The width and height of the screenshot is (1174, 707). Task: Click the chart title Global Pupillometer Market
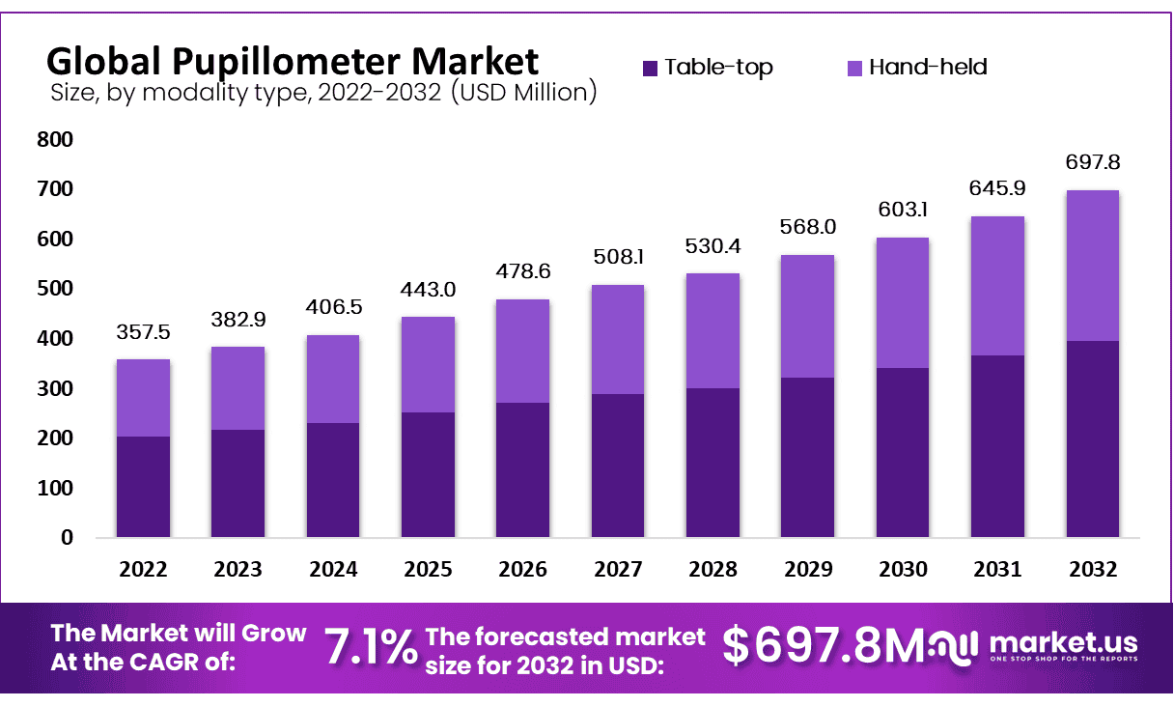point(293,62)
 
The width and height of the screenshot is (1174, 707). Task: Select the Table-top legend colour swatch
point(650,68)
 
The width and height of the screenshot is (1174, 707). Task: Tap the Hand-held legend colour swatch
point(854,68)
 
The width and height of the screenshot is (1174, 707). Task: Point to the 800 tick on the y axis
point(54,140)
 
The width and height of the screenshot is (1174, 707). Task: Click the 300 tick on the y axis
point(54,388)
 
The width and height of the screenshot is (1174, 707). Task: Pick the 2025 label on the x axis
point(428,570)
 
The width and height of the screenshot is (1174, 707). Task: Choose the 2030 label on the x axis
point(903,570)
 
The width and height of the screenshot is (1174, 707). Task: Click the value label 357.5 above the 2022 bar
point(143,332)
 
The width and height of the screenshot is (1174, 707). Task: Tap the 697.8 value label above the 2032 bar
point(1093,162)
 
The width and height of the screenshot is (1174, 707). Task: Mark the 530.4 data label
point(713,245)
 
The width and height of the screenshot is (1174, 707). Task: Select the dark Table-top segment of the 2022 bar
point(143,487)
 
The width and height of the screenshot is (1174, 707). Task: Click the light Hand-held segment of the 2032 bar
point(1093,266)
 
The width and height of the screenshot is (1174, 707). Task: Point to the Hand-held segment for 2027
point(618,339)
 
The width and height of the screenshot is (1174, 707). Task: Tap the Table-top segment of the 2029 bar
point(808,457)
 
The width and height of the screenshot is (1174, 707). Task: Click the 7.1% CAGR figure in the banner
point(370,647)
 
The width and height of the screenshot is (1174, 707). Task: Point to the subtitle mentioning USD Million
point(322,93)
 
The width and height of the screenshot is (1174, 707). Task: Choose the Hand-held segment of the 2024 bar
point(333,379)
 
